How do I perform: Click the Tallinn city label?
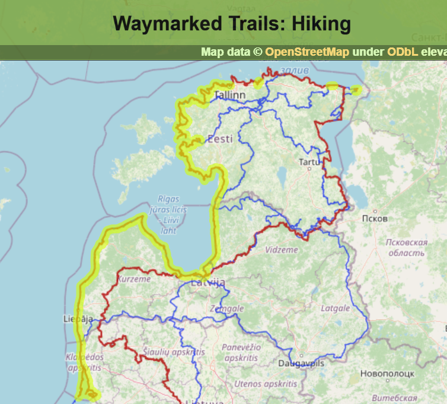click(x=230, y=95)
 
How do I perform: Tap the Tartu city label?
click(x=309, y=162)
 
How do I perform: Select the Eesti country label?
click(x=219, y=139)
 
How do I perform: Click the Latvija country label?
click(x=208, y=282)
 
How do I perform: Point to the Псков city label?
click(x=375, y=218)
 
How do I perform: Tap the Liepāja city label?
click(x=78, y=319)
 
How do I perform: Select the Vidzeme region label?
click(x=282, y=250)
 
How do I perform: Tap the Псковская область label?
click(x=406, y=247)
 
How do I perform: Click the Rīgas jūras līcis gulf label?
click(x=172, y=209)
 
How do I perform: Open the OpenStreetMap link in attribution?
click(x=307, y=52)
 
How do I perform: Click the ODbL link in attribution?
click(x=403, y=52)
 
